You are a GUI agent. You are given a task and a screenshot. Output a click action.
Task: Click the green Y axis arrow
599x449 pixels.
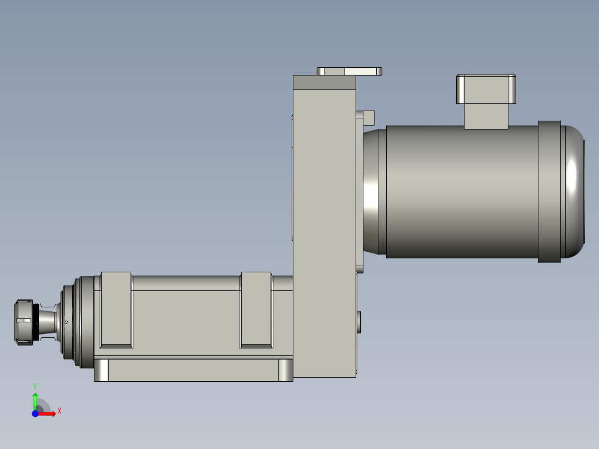pyautogui.click(x=35, y=399)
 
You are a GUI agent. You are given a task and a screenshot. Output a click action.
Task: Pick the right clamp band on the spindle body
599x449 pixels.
pyautogui.click(x=256, y=310)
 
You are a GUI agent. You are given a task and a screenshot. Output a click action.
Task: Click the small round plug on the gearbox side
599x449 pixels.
pyautogui.click(x=358, y=322)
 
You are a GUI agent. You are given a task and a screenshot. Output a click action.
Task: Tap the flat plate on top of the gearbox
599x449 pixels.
pyautogui.click(x=350, y=71)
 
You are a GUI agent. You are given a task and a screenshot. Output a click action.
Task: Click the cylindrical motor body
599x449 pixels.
pyautogui.click(x=461, y=191)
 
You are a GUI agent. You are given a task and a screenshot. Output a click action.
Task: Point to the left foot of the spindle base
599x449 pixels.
pyautogui.click(x=101, y=370)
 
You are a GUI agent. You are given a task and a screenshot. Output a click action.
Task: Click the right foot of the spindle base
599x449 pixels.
pyautogui.click(x=286, y=370)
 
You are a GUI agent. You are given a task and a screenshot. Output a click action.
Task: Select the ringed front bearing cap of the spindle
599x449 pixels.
pyautogui.click(x=75, y=322)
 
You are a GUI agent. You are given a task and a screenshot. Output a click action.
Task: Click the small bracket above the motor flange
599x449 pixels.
pyautogui.click(x=368, y=117)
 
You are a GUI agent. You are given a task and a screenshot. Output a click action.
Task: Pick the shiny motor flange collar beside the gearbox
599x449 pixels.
pyautogui.click(x=371, y=191)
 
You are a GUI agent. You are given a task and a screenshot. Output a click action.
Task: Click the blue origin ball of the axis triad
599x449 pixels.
pyautogui.click(x=35, y=414)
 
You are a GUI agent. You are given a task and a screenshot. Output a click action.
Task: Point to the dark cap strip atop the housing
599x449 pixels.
pyautogui.click(x=324, y=83)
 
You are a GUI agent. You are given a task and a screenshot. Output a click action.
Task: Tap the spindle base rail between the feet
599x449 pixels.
pyautogui.click(x=193, y=370)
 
